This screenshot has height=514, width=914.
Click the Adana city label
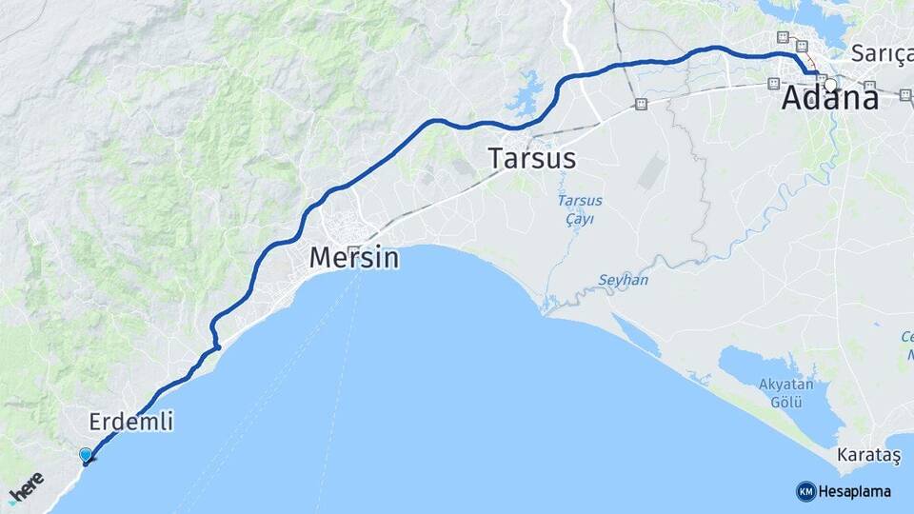(x=829, y=100)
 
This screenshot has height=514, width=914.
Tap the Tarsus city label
(x=532, y=158)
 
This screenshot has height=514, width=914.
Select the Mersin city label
(x=353, y=257)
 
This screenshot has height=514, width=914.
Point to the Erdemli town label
(x=131, y=422)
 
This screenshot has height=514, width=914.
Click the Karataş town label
(x=869, y=456)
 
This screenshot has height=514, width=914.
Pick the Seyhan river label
(x=624, y=280)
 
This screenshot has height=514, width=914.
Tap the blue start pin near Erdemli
(x=86, y=455)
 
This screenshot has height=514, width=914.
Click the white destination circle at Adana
(x=831, y=85)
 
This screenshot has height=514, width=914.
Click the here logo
(x=26, y=488)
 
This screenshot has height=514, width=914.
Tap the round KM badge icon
(x=805, y=491)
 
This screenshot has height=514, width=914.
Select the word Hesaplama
(x=855, y=492)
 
